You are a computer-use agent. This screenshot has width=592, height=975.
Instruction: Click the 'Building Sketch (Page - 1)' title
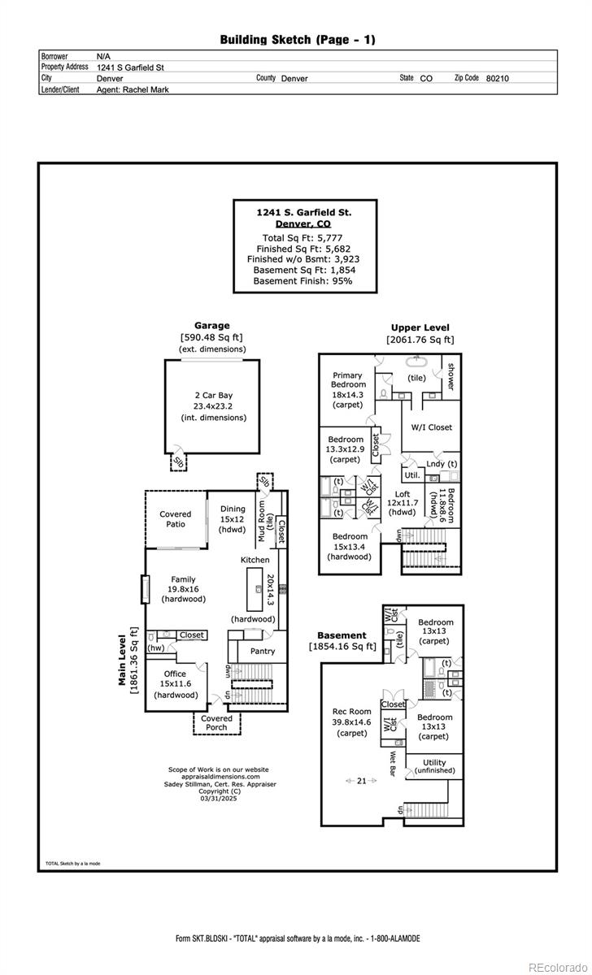[x=298, y=39]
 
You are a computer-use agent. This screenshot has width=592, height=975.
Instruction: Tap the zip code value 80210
[x=497, y=79]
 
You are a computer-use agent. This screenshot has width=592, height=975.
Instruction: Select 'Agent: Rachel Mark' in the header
[x=133, y=90]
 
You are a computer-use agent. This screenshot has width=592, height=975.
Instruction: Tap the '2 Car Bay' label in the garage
[x=213, y=396]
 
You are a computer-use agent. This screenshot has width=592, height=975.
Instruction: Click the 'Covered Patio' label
[x=175, y=518]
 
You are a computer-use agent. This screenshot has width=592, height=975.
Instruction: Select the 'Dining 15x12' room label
[x=233, y=519]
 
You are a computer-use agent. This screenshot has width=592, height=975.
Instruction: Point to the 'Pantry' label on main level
[x=263, y=651]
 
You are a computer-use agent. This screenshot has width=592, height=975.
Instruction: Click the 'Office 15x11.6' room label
[x=175, y=684]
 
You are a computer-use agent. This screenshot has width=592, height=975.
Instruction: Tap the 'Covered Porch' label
[x=216, y=722]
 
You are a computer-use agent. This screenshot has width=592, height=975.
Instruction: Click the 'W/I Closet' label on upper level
[x=431, y=427]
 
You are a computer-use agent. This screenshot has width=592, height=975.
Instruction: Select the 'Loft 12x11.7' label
[x=403, y=503]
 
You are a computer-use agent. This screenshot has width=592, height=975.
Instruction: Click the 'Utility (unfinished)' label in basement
[x=434, y=766]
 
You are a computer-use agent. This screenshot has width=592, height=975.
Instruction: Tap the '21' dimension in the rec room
[x=361, y=780]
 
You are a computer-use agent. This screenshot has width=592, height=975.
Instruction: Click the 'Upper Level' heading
[x=420, y=328]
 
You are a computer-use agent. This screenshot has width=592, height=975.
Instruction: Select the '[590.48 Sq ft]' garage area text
[x=211, y=337]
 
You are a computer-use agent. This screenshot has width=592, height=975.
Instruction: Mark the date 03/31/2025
[x=216, y=799]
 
